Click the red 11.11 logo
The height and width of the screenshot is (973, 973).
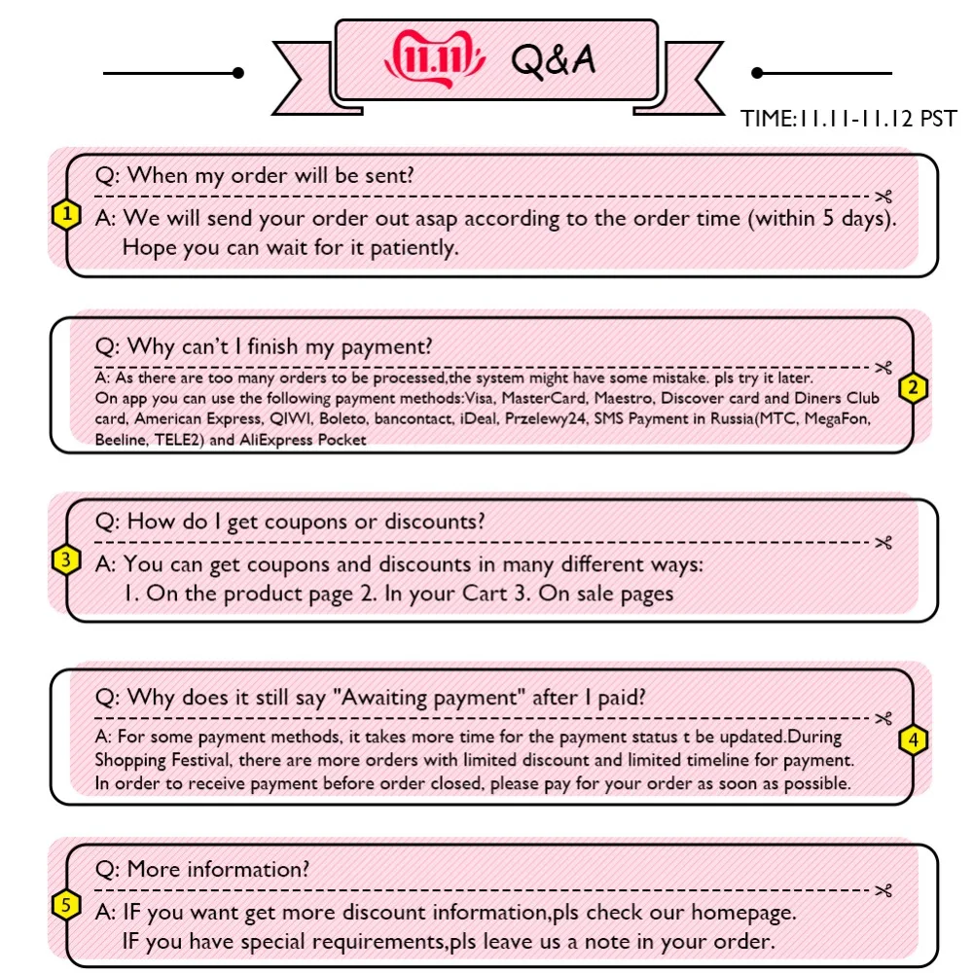(x=435, y=59)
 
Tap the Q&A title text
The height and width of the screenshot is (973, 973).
(x=553, y=60)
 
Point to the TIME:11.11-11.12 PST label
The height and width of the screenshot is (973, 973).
(x=848, y=118)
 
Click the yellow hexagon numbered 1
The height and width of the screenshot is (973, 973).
(x=66, y=215)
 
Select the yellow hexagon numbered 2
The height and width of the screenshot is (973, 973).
(x=913, y=388)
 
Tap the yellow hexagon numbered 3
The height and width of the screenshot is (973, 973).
(x=66, y=559)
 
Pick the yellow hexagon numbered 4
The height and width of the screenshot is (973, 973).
(x=913, y=739)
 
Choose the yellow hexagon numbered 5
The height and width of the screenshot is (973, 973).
(x=66, y=905)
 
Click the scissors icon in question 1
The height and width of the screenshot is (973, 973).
(x=883, y=197)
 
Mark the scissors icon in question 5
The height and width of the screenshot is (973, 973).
(x=883, y=890)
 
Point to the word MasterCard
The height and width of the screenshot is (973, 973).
(x=544, y=398)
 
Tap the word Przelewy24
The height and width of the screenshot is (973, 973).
(x=546, y=418)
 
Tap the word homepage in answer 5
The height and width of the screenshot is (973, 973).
(x=743, y=913)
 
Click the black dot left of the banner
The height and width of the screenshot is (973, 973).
(x=238, y=73)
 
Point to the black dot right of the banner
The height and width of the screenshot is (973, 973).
(x=757, y=73)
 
